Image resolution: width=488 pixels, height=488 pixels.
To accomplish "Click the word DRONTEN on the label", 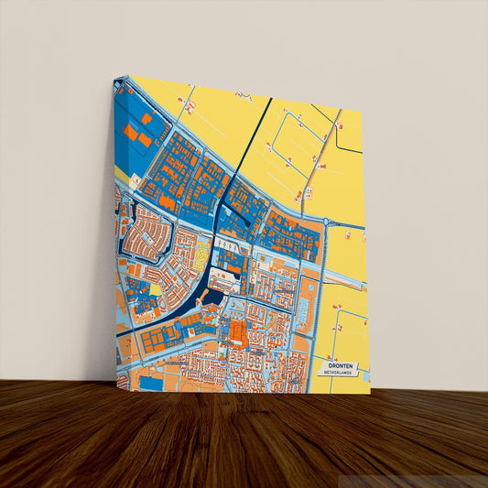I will [339, 365].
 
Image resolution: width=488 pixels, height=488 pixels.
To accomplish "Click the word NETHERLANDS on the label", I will [339, 374].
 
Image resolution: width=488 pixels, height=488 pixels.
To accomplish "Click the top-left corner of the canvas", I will [116, 78].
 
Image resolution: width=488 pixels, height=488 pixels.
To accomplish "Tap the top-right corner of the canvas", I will [363, 112].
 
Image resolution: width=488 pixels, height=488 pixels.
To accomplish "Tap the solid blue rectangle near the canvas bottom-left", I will [150, 383].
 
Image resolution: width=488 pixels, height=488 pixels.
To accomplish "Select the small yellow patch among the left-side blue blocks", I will [156, 291].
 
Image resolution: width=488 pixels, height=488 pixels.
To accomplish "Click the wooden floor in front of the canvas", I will [244, 439].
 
